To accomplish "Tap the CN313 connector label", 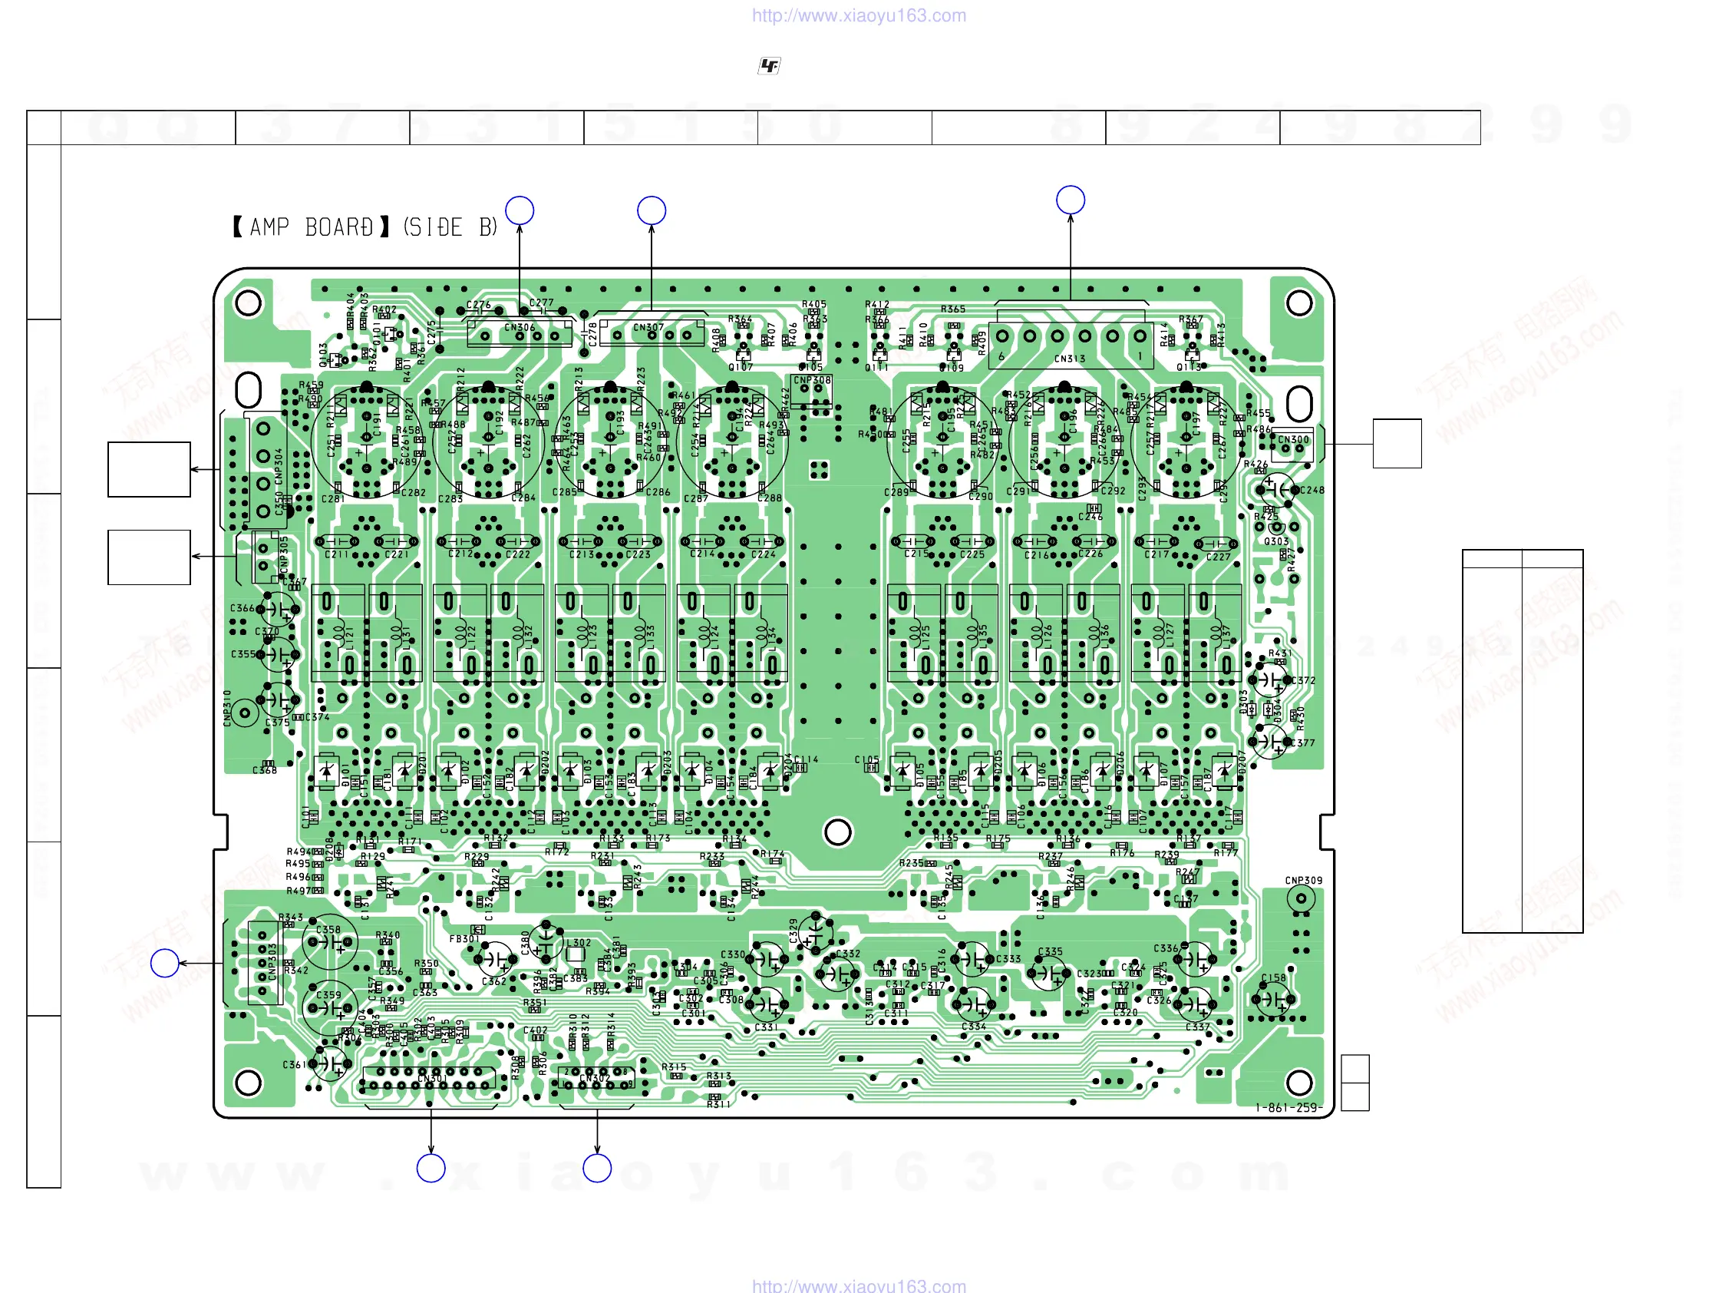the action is (x=1069, y=359).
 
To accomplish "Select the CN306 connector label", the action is (x=519, y=327).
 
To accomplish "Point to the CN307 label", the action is (x=648, y=327).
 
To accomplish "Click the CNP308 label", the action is (x=811, y=380).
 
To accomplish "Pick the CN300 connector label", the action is (x=1293, y=439).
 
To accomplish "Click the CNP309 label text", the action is (x=1303, y=880).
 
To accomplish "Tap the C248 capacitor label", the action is (x=1312, y=490).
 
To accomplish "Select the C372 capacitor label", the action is (x=1303, y=680).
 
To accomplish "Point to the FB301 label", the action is (x=464, y=938).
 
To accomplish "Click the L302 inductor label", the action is (x=578, y=942).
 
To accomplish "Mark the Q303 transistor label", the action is (x=1276, y=541).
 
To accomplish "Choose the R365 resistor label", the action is (x=953, y=309).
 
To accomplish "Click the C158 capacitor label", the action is (x=1273, y=977).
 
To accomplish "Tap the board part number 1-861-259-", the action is (x=1288, y=1107).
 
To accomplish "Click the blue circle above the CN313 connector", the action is (x=1070, y=200).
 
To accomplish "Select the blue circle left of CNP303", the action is (x=165, y=963).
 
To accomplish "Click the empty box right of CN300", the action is (x=1397, y=443).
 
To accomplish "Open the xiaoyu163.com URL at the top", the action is (x=859, y=15).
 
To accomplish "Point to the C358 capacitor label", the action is (x=328, y=929).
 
